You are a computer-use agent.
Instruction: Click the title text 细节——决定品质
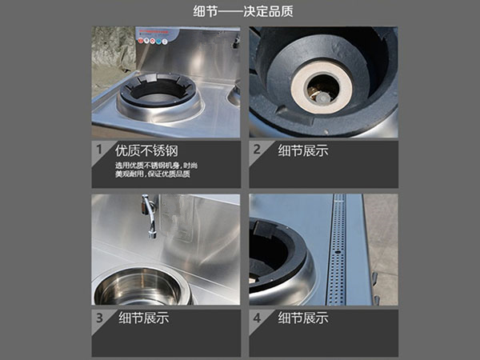click(243, 11)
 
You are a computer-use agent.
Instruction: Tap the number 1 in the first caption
click(99, 150)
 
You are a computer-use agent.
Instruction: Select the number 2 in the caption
click(257, 150)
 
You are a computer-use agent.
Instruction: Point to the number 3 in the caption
click(99, 318)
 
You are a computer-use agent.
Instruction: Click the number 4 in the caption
click(257, 318)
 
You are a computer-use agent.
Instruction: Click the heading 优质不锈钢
click(146, 150)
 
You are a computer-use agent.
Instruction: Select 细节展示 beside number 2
click(303, 150)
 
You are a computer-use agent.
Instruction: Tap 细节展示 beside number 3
click(144, 318)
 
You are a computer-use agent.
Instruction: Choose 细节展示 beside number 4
click(303, 318)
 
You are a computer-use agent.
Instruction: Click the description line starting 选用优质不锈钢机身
click(156, 166)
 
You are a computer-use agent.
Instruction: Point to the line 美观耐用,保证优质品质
click(153, 174)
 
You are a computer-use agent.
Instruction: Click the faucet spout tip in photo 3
click(152, 235)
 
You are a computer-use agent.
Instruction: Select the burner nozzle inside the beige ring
click(321, 98)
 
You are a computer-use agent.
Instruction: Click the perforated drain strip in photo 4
click(338, 250)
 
